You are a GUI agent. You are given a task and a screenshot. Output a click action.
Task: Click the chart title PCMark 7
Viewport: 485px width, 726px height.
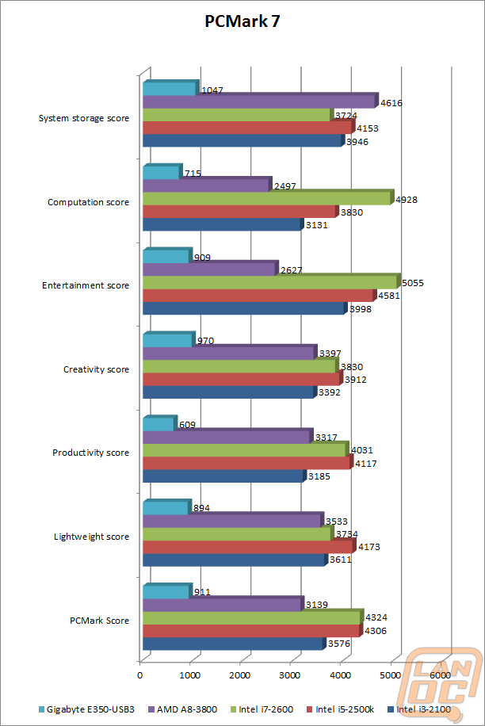242,21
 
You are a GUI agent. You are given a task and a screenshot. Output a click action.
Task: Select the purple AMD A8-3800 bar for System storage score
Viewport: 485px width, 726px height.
261,101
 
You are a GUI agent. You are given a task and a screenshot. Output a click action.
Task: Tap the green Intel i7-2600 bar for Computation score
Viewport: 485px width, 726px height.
269,197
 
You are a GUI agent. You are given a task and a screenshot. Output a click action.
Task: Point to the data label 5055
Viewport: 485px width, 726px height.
413,283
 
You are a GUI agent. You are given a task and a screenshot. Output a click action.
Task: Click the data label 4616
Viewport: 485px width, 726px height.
391,103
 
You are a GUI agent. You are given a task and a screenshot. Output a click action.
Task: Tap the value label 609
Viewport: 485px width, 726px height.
188,425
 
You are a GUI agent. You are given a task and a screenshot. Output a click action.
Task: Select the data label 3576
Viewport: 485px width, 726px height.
339,644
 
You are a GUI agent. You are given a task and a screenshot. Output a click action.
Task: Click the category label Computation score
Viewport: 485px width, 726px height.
89,202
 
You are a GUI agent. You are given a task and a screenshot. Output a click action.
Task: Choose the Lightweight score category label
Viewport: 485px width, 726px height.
92,537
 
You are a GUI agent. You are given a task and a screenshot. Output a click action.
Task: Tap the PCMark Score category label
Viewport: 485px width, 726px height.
100,621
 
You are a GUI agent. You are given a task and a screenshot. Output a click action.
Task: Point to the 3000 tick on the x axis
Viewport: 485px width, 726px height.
290,675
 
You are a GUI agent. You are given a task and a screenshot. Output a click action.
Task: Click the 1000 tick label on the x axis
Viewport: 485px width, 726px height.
189,675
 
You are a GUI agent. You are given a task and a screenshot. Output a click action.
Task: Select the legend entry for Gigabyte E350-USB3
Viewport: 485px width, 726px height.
86,709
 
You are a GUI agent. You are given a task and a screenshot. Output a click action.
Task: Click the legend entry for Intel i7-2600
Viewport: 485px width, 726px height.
262,709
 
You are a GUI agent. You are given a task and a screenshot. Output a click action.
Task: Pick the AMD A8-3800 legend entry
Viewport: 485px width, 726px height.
183,709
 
